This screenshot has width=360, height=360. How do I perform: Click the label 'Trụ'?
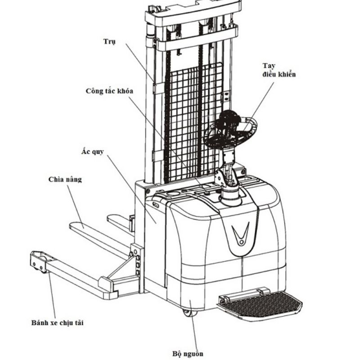pos(109,42)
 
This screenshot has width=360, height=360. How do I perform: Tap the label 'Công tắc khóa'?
pos(109,91)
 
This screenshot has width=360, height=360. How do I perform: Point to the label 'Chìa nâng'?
pos(65,180)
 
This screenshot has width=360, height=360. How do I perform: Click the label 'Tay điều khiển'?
pos(279,70)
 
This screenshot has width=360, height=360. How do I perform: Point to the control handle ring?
pos(231,130)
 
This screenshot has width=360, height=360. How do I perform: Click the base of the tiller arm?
pos(230,196)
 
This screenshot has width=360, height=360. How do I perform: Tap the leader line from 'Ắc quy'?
pos(130,189)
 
